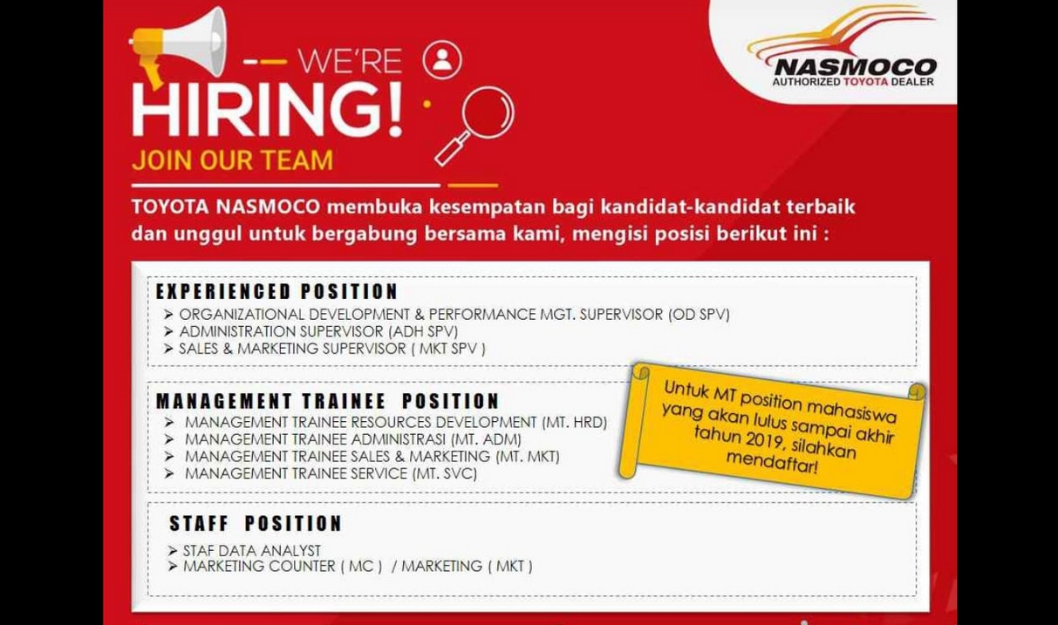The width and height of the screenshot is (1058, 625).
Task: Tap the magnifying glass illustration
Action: (x=474, y=126)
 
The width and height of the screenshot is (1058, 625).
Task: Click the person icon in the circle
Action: (x=442, y=60)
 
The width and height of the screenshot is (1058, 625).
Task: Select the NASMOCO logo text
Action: (x=856, y=67)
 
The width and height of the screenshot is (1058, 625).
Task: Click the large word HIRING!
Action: (x=267, y=111)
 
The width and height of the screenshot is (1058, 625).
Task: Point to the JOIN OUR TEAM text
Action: (x=232, y=160)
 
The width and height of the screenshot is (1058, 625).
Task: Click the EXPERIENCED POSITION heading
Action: (x=276, y=291)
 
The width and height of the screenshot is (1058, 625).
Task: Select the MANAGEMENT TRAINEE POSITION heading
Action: (x=327, y=401)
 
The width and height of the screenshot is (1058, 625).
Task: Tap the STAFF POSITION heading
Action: (x=256, y=524)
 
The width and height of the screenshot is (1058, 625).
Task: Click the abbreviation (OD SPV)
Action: (x=699, y=315)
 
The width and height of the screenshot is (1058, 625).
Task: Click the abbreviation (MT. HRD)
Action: (x=575, y=422)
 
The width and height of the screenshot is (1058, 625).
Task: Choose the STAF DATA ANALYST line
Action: (x=252, y=550)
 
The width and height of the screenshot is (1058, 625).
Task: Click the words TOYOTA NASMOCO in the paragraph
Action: (x=226, y=207)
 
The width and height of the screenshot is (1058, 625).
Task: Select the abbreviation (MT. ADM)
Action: (x=486, y=439)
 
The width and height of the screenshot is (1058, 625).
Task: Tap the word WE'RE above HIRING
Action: (x=350, y=61)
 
